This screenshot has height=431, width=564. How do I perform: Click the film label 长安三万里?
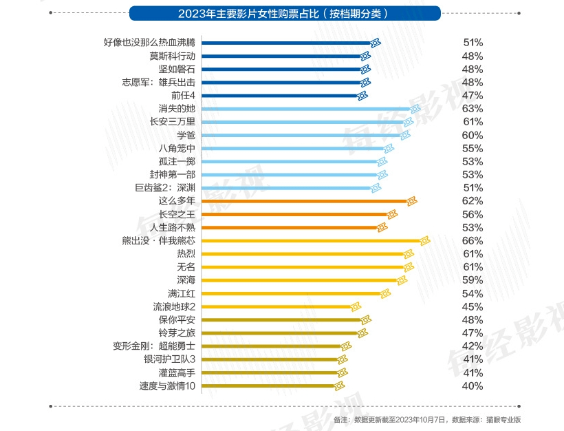(173, 122)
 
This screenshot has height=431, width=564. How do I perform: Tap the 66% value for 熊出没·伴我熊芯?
(473, 240)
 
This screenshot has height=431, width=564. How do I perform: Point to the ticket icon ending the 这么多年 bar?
(411, 201)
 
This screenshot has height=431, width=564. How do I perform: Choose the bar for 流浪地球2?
(275, 306)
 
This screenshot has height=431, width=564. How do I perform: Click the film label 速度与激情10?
(167, 386)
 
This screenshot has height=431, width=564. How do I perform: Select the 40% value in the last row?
(473, 386)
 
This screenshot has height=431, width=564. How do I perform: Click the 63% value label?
(473, 109)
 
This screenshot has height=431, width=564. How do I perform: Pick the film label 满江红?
(181, 293)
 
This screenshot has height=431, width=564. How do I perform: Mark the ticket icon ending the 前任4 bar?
(362, 95)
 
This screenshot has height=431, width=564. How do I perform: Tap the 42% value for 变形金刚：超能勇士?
(473, 346)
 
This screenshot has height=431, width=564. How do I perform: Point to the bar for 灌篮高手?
(268, 372)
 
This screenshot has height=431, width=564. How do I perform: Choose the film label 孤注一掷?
(177, 161)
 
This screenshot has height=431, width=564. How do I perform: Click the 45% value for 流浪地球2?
(473, 306)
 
